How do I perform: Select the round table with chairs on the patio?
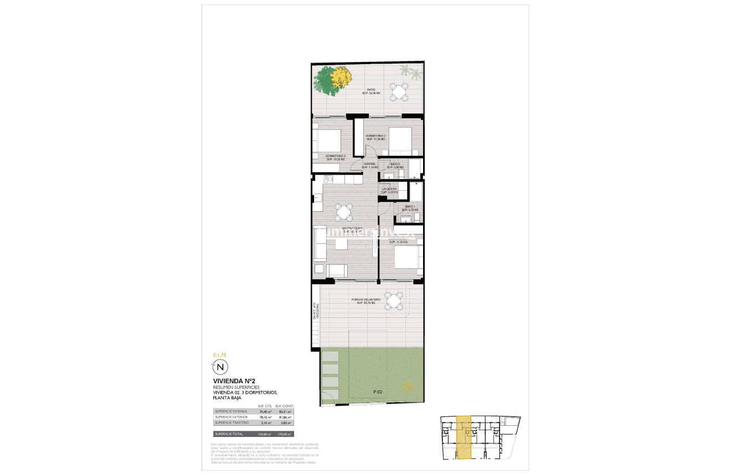pos(399,91)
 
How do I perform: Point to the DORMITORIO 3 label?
pos(336,157)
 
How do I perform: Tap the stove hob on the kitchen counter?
pos(327,179)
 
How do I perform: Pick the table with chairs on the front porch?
pos(394,301)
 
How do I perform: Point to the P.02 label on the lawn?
pos(378,392)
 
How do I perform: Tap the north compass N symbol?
pos(220,367)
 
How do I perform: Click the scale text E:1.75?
pos(220,354)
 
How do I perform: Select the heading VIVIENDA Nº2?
pos(234,380)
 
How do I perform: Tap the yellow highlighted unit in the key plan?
pos(463,437)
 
